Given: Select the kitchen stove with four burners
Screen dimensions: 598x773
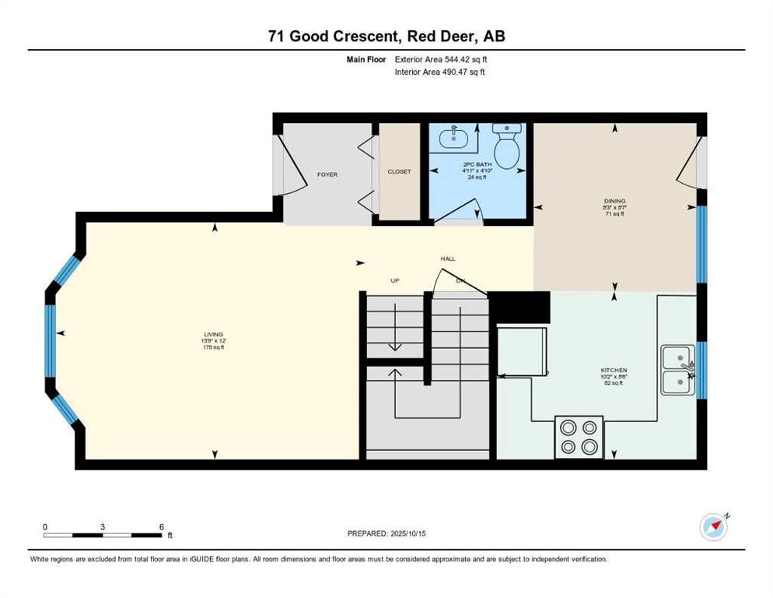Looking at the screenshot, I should point(579,436).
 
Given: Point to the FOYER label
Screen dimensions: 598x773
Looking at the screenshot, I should point(327,174).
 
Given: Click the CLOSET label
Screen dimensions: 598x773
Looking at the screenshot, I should point(399,171).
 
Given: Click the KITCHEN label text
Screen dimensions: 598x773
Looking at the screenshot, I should point(614,370).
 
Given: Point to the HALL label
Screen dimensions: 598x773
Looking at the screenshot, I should point(447,259).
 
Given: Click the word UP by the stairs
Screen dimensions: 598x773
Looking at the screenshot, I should point(394,280).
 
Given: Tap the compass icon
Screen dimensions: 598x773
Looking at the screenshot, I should point(713,527).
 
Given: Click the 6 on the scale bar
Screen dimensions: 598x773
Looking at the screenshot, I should point(160,526).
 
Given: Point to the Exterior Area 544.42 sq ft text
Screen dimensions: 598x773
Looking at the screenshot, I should point(441,58).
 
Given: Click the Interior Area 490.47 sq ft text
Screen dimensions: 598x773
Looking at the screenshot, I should point(440,72).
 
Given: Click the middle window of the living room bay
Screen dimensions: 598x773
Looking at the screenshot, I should point(51,332).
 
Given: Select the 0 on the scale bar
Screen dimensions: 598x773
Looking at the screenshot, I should point(45,526).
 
